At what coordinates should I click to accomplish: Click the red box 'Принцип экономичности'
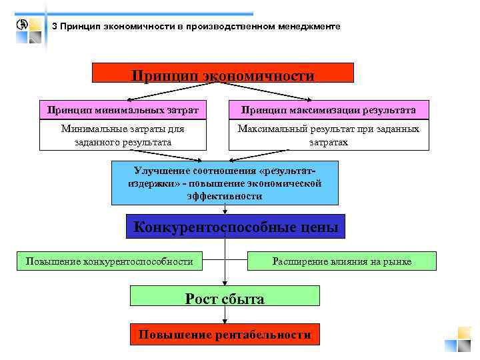coord(222,73)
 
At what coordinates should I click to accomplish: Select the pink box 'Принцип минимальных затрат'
coord(119,110)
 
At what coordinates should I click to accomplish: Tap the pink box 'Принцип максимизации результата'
coord(329,110)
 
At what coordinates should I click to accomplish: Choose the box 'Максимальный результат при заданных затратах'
coord(329,135)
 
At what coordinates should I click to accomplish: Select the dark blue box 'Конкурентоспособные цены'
coord(235,227)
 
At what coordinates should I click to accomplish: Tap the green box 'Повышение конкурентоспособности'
coord(109,261)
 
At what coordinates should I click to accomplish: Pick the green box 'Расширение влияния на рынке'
coord(341,261)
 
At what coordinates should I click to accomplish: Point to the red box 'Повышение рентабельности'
coord(225,334)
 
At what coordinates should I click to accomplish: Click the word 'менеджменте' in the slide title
coord(309,27)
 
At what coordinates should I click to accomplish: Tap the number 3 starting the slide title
coord(55,27)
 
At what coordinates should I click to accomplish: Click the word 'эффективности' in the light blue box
coord(225,196)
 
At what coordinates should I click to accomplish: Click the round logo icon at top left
coord(22,25)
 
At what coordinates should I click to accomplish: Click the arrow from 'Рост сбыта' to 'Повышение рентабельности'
coord(225,315)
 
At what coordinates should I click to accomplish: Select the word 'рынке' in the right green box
coord(399,261)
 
